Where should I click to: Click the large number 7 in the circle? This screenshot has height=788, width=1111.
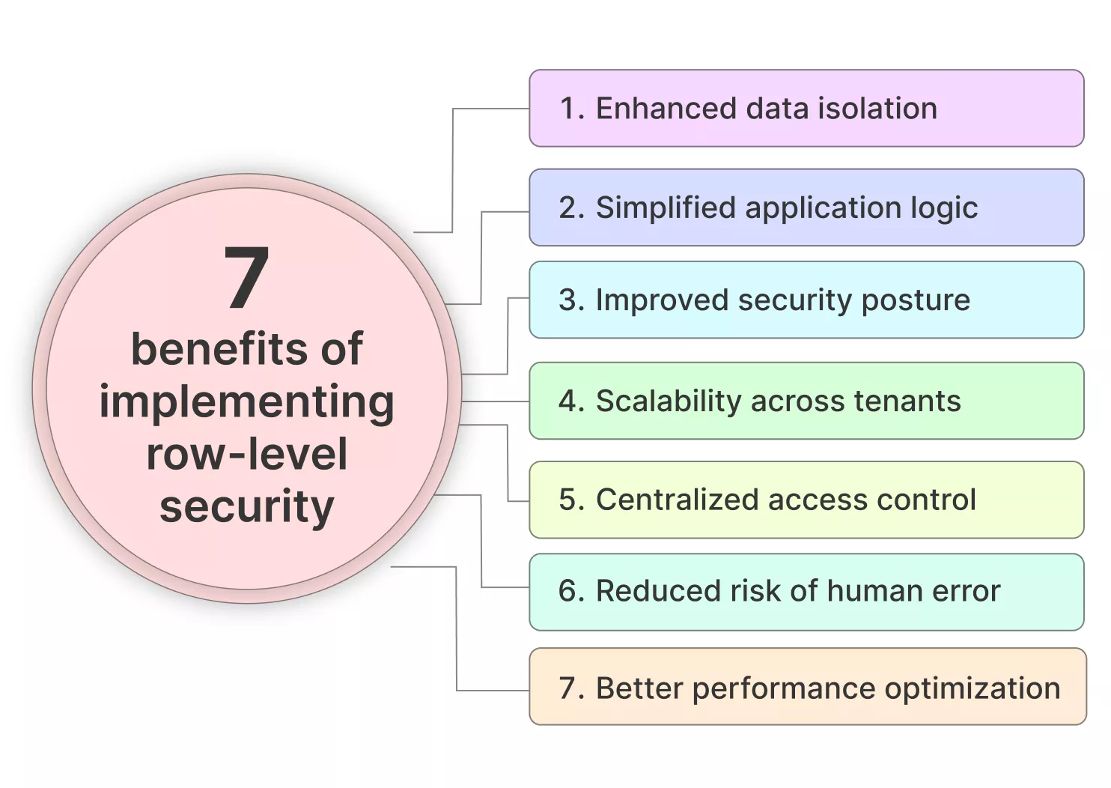point(246,278)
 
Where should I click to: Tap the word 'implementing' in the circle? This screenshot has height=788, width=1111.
point(246,403)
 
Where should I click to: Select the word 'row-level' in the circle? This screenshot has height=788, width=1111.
point(246,455)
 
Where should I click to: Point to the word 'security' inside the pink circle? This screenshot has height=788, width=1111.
point(246,507)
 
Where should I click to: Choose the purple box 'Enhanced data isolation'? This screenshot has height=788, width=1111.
point(806,109)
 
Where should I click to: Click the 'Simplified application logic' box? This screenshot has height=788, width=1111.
point(806,207)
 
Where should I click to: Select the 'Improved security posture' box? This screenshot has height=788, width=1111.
point(806,300)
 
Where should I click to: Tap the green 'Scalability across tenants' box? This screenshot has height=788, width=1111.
point(806,401)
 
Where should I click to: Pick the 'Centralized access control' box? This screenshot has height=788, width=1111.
point(806,500)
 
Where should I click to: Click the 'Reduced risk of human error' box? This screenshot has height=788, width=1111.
point(806,591)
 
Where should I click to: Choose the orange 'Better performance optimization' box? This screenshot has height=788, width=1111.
point(807,687)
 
